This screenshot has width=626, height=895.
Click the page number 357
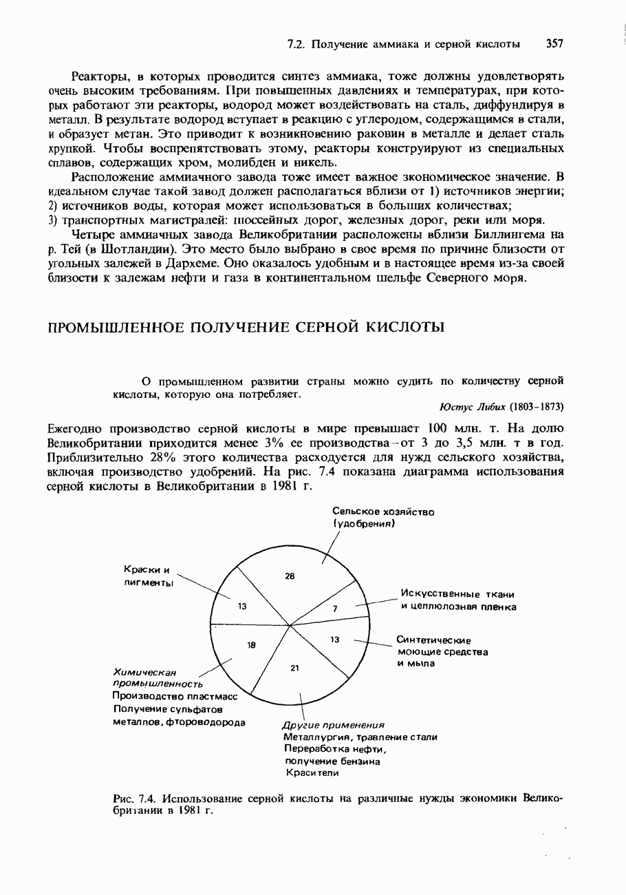tap(554, 44)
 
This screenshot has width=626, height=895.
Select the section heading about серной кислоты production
tap(246, 326)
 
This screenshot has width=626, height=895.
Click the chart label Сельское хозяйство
tap(384, 512)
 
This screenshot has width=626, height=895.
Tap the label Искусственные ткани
tap(458, 595)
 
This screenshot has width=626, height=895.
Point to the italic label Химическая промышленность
tap(156, 678)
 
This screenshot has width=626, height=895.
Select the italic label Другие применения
tap(333, 726)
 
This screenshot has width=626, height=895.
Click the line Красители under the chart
tap(312, 773)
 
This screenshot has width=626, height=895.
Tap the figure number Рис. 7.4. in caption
tap(133, 798)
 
